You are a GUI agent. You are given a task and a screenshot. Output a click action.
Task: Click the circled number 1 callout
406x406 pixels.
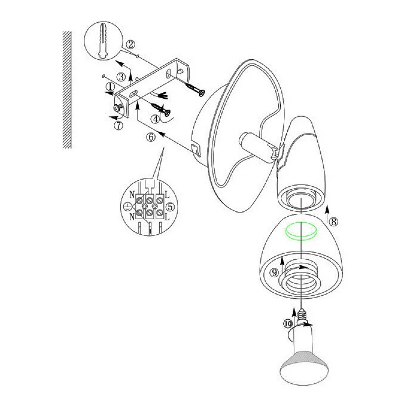tap(110, 87)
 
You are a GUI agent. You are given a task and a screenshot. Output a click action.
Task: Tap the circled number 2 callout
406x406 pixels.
tap(130, 44)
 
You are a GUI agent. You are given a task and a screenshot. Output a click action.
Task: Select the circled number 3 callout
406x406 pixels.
tap(121, 77)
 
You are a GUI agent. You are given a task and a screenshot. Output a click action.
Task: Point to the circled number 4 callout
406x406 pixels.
tap(155, 119)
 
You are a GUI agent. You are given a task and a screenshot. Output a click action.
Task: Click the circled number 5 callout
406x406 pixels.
tap(170, 207)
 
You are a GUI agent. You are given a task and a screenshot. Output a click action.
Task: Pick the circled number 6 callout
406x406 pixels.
tap(151, 137)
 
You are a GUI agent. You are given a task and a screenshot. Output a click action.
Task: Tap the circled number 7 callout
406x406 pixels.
tap(119, 126)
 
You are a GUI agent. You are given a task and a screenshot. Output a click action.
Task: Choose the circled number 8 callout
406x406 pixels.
tap(333, 222)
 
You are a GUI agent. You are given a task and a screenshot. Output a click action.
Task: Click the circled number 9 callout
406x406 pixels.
tap(274, 272)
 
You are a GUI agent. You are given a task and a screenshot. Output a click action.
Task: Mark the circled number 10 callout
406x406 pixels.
tap(288, 323)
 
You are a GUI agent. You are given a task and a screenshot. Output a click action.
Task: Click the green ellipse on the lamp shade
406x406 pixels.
tap(301, 231)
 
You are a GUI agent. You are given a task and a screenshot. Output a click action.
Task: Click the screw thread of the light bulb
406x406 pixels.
tap(302, 315)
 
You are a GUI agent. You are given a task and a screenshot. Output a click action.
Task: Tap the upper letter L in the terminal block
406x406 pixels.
tap(167, 194)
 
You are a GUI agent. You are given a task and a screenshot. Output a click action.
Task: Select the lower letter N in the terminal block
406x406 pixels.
tap(132, 217)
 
